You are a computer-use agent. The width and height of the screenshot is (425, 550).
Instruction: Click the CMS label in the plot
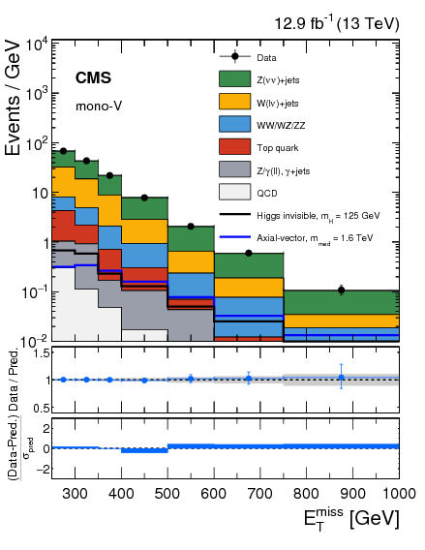pyautogui.click(x=98, y=77)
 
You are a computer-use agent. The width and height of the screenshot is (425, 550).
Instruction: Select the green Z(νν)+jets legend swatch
pyautogui.click(x=234, y=79)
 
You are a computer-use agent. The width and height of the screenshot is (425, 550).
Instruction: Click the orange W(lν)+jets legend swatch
pyautogui.click(x=234, y=102)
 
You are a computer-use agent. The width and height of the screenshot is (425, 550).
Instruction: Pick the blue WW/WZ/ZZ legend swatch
pyautogui.click(x=234, y=125)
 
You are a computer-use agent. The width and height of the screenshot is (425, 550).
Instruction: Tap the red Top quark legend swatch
pyautogui.click(x=234, y=148)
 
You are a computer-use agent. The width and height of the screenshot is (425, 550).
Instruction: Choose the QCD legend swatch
pyautogui.click(x=234, y=193)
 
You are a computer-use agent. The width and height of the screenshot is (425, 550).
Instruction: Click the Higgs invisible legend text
pyautogui.click(x=323, y=215)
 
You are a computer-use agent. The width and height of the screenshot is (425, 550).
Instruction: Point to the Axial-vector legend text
pyautogui.click(x=322, y=236)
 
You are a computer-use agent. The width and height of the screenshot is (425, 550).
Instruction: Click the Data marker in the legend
pyautogui.click(x=234, y=57)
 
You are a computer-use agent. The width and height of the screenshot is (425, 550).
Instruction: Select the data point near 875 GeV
pyautogui.click(x=341, y=290)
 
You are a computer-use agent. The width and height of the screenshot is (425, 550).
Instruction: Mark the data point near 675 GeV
pyautogui.click(x=249, y=253)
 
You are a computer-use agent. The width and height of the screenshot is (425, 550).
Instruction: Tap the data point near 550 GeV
pyautogui.click(x=191, y=226)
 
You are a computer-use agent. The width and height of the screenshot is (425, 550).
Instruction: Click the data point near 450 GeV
pyautogui.click(x=144, y=198)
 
